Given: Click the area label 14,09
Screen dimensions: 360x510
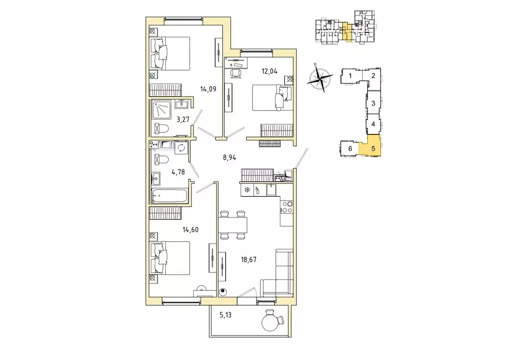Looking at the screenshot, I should (207, 90).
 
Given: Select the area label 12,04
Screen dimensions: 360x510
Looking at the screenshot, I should (269, 71).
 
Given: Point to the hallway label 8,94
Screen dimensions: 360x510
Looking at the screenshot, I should (229, 157).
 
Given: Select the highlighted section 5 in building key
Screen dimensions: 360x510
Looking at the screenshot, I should (373, 147).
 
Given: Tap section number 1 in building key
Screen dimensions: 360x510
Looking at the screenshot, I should (351, 76).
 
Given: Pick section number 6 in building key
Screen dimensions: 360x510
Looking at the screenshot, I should (350, 148).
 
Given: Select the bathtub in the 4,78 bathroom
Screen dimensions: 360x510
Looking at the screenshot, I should (169, 196).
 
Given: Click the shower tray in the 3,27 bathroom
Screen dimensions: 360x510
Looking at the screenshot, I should (162, 108).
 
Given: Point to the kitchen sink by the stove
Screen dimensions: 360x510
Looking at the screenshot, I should (270, 190).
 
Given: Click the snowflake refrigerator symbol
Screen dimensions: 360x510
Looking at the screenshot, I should (247, 190).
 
